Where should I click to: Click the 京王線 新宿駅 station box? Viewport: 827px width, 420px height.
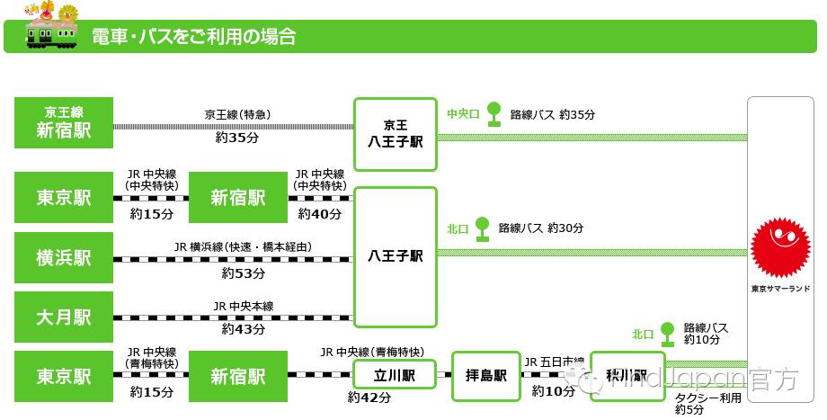(x=64, y=122)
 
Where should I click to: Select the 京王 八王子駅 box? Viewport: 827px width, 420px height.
(x=396, y=134)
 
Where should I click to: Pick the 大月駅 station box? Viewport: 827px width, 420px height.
(x=64, y=317)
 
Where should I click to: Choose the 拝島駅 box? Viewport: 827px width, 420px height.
(x=486, y=375)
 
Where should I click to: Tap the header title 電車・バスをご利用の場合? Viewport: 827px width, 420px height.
(x=193, y=38)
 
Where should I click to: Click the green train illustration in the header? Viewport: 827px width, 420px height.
(x=51, y=32)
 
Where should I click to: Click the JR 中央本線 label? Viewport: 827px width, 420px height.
(x=244, y=307)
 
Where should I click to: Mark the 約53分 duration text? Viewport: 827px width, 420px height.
(x=244, y=273)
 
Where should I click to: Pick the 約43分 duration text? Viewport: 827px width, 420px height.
(x=244, y=329)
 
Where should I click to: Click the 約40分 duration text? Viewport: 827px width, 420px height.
(x=320, y=214)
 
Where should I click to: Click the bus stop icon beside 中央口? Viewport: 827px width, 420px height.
(x=494, y=113)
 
